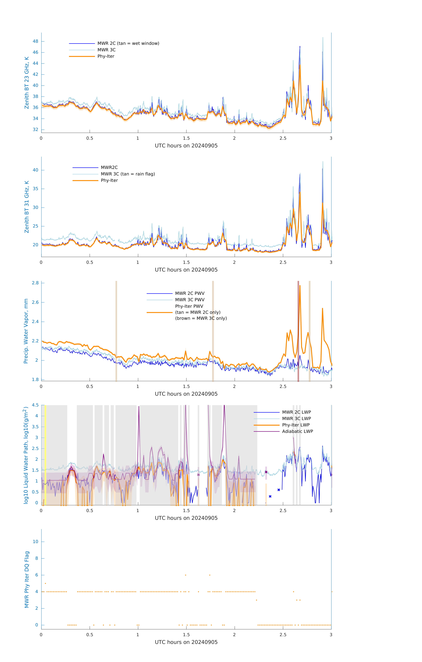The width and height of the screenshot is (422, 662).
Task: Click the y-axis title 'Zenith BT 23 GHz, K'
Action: (x=27, y=83)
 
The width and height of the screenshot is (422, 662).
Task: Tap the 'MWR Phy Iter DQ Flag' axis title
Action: (x=27, y=579)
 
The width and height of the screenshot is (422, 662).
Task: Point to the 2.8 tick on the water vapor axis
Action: (x=35, y=283)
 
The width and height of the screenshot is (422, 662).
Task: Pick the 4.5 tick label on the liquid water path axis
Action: (x=35, y=405)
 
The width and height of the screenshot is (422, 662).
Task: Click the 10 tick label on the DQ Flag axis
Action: (x=35, y=542)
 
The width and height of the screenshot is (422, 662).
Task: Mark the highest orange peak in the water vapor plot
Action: (x=300, y=286)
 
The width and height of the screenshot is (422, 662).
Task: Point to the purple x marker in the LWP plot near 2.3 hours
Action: (x=266, y=472)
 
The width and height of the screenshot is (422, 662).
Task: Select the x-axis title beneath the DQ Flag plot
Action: (x=186, y=642)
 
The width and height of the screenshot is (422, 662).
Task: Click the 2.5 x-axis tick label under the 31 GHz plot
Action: (x=283, y=262)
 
